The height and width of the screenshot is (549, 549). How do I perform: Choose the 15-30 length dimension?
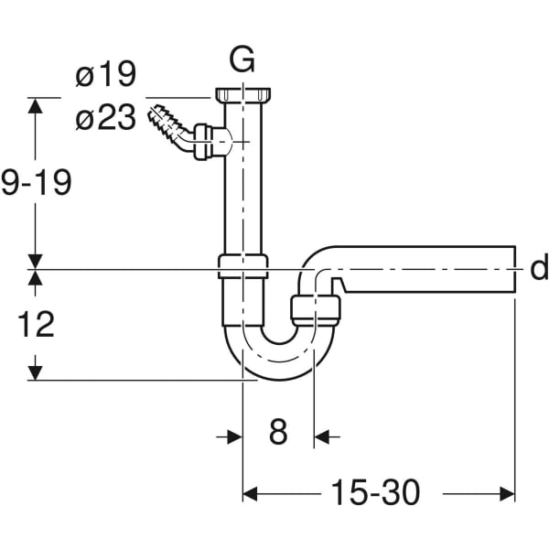tap(378, 493)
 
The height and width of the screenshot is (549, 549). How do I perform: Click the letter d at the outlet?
tap(538, 268)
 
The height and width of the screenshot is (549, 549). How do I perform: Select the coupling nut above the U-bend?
tap(242, 267)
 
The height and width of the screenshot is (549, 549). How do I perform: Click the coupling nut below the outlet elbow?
tap(316, 308)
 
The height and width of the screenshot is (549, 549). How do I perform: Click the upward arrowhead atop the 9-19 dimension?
tap(36, 104)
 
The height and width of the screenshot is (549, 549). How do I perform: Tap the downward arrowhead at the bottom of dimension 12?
tap(36, 372)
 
